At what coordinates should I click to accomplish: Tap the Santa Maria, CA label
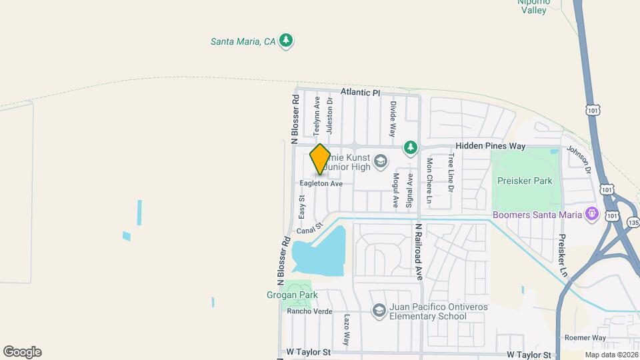tap(243, 41)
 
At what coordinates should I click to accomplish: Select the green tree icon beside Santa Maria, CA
tap(286, 41)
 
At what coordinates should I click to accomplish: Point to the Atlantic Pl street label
tap(359, 93)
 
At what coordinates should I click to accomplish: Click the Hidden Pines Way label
tap(491, 146)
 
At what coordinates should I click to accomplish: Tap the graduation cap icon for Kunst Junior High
tap(380, 161)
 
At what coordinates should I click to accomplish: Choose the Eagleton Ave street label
tap(321, 183)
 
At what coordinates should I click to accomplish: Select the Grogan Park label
tap(293, 295)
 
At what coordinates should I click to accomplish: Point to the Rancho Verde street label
tap(309, 311)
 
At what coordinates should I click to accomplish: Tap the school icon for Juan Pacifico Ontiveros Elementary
tap(379, 311)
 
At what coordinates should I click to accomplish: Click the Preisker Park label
tap(525, 180)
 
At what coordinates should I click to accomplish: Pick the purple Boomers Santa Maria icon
tap(590, 214)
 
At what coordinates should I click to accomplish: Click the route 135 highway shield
tap(633, 223)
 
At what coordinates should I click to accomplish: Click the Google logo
tap(22, 352)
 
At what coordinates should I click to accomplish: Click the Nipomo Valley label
tap(533, 6)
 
